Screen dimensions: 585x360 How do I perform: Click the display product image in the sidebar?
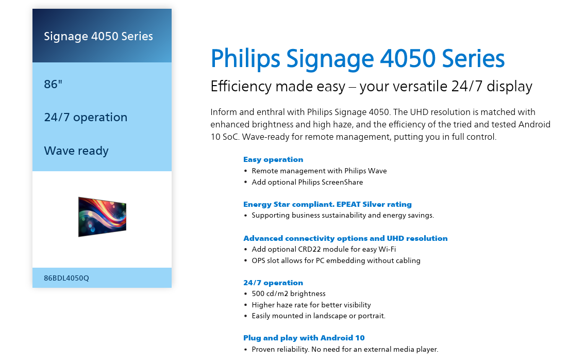click(x=102, y=217)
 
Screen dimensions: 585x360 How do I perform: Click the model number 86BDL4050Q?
click(x=66, y=278)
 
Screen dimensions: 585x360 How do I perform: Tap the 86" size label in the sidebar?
click(x=53, y=84)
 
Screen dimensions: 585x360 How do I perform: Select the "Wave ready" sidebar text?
click(x=76, y=151)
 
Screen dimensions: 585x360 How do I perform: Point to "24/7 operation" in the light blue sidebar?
click(x=86, y=117)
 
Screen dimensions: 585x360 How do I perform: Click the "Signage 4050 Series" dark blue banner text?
click(x=98, y=36)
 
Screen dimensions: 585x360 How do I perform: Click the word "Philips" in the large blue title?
click(x=245, y=59)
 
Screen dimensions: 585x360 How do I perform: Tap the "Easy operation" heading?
click(x=273, y=159)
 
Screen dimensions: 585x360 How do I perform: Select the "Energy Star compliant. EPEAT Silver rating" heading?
click(x=327, y=204)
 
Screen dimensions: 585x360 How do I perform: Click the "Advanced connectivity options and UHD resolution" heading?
click(x=345, y=238)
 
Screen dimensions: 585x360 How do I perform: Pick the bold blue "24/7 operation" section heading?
click(x=273, y=283)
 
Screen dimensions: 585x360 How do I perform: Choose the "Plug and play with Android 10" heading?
click(x=304, y=338)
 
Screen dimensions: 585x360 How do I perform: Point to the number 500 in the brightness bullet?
click(x=258, y=293)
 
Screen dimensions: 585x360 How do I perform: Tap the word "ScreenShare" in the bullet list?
click(x=342, y=182)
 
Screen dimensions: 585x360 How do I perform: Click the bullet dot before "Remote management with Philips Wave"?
click(x=245, y=171)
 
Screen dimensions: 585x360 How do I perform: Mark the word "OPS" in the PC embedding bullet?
click(x=258, y=260)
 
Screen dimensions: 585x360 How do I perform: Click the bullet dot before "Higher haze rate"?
click(x=245, y=305)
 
